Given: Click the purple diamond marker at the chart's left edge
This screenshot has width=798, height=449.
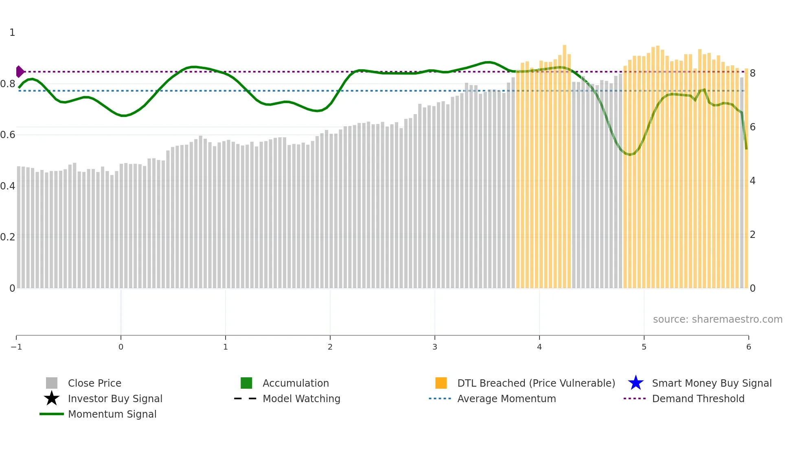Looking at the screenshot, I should click(20, 72).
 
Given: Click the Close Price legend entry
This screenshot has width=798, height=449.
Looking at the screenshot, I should click(94, 383).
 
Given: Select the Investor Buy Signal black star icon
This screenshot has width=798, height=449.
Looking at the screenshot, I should click(52, 398).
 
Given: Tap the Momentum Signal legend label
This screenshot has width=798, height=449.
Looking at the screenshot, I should click(112, 414).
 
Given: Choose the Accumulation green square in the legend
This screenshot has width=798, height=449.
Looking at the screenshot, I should click(246, 383).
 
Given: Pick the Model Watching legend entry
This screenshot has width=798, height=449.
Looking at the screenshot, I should click(301, 398).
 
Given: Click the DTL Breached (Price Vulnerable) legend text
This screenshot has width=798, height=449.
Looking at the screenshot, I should click(536, 383).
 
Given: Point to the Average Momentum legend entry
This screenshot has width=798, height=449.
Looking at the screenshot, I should click(506, 398).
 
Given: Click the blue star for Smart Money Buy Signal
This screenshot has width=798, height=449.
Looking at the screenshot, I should click(636, 383).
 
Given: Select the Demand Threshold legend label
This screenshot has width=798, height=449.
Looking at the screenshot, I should click(698, 398).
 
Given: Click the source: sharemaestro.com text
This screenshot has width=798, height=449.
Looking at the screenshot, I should click(717, 319).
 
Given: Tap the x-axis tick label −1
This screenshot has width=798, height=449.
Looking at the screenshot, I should click(16, 347).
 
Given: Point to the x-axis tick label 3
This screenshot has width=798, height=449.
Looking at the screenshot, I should click(435, 347).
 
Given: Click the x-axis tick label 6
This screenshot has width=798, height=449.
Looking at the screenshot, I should click(748, 347).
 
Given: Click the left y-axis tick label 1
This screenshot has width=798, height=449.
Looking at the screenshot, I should click(12, 33).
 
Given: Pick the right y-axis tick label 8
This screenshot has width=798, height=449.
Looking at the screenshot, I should click(752, 73).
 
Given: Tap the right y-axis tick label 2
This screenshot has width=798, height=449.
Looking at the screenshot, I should click(752, 235).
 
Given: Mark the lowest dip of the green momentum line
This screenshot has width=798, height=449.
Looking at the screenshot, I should click(630, 154).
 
